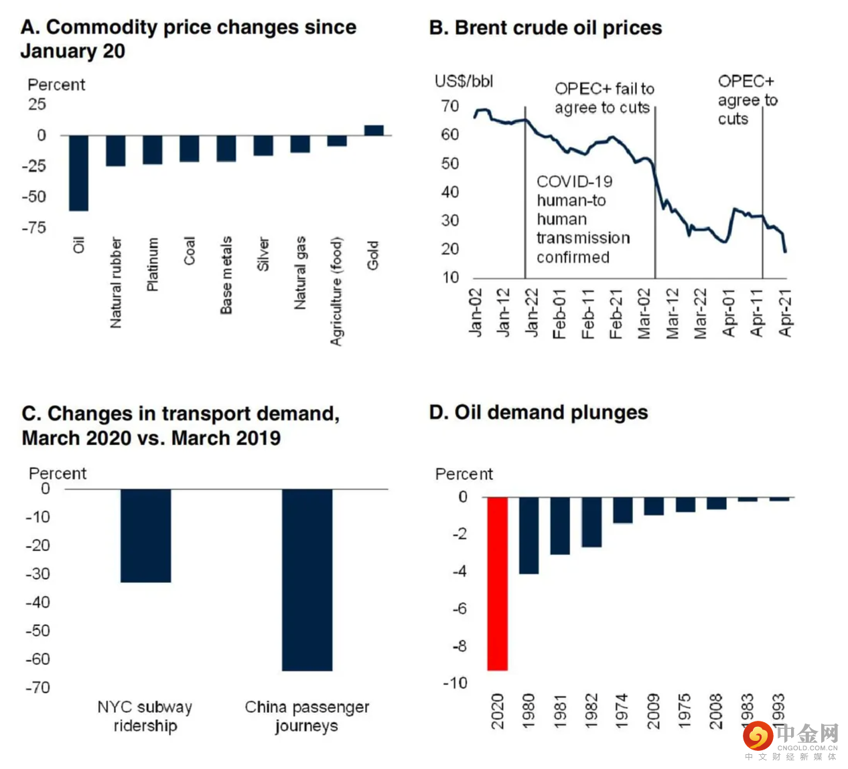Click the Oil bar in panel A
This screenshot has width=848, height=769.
click(78, 173)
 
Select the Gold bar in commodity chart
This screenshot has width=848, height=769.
click(374, 131)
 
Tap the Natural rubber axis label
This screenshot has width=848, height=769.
click(116, 282)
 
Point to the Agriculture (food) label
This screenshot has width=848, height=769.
click(336, 291)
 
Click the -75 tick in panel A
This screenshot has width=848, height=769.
click(33, 228)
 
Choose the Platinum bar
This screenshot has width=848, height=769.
click(153, 150)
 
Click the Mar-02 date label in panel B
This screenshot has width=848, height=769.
click(644, 313)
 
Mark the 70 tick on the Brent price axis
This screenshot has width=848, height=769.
click(450, 106)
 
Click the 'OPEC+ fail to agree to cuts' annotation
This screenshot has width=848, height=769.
click(604, 98)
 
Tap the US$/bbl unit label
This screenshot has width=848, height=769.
click(464, 82)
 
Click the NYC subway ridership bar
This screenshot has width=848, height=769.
click(145, 535)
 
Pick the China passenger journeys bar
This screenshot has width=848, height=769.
click(307, 580)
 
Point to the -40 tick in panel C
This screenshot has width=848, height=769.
click(38, 602)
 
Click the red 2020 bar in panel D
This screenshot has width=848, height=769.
click(497, 584)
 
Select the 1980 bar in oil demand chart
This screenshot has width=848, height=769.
click(528, 535)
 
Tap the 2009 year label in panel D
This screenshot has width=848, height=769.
click(653, 710)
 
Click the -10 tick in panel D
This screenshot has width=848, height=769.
click(455, 683)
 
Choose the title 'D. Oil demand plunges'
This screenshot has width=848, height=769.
click(539, 412)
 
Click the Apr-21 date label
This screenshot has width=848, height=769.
click(786, 313)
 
